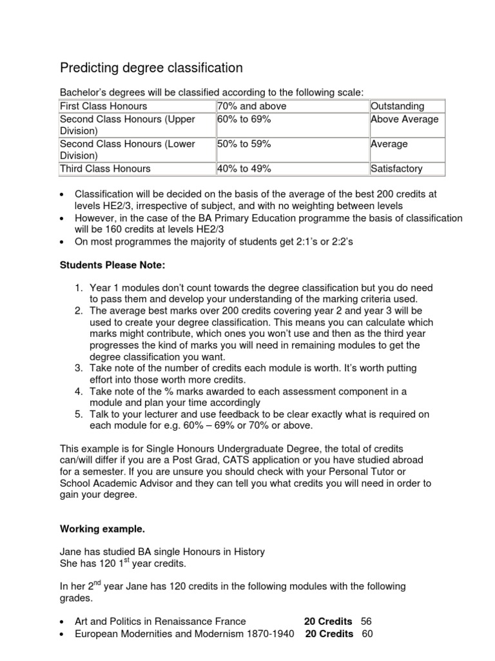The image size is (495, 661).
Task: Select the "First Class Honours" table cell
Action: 103,106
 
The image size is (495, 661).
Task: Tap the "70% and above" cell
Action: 252,106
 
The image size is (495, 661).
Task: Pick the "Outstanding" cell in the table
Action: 398,106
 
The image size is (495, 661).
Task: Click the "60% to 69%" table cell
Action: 244,119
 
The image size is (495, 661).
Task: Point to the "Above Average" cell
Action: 404,119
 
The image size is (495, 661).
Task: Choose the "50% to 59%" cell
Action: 244,144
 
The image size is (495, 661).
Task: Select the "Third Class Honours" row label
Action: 105,168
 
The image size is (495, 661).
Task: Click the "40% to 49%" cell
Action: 244,168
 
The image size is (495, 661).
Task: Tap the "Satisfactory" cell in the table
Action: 396,168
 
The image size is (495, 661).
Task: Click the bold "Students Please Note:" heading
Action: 105,265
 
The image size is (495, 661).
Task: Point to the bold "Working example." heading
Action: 102,529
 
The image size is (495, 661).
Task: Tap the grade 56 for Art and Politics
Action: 367,621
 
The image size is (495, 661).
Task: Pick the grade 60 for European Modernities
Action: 367,634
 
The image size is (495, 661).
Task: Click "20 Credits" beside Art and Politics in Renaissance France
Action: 328,621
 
